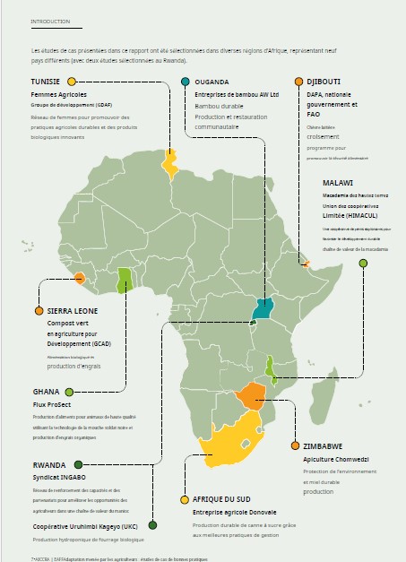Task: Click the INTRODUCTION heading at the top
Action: click(x=50, y=21)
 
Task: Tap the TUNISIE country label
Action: click(x=46, y=82)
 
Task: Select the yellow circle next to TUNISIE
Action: click(x=71, y=82)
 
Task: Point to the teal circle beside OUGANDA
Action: click(x=186, y=82)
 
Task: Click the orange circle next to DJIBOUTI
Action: click(x=298, y=82)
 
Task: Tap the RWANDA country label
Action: click(x=49, y=464)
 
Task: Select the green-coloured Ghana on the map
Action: click(x=125, y=283)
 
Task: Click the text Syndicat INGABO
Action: click(x=59, y=478)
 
